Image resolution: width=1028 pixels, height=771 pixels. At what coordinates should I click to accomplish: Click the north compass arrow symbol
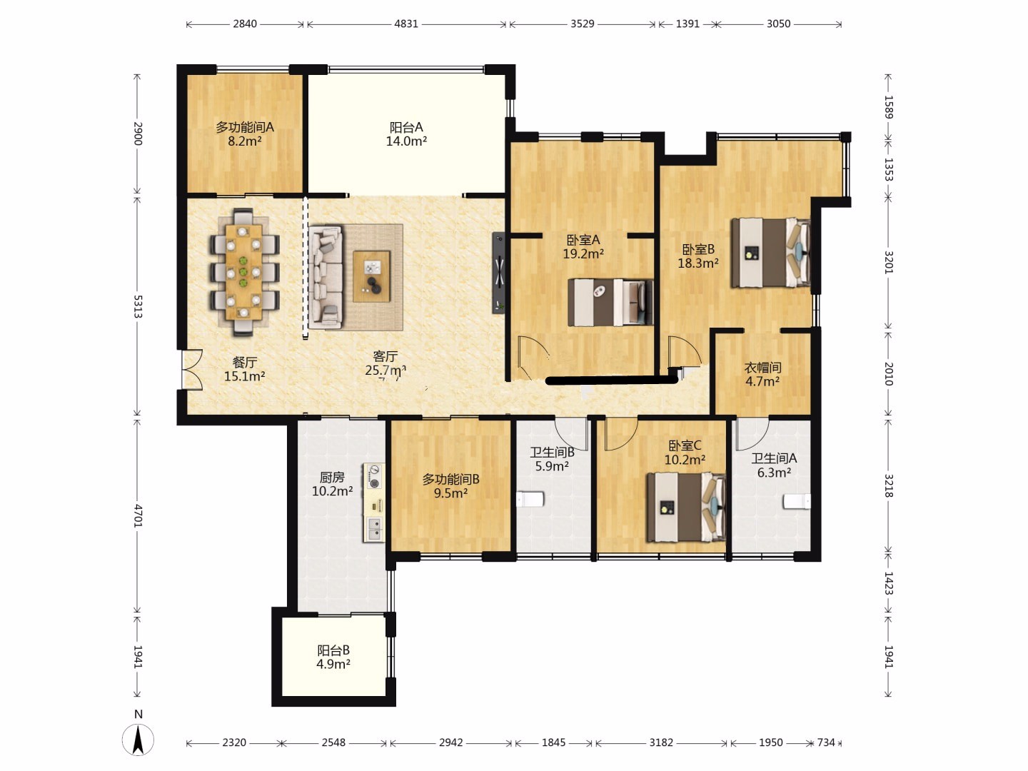pyautogui.click(x=138, y=740)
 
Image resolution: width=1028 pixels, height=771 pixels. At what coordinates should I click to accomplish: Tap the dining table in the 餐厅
pyautogui.click(x=243, y=273)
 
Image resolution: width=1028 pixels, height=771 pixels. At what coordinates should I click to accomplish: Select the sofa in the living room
pyautogui.click(x=326, y=277)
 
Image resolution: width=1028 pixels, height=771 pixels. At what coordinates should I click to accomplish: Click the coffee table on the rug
pyautogui.click(x=371, y=276)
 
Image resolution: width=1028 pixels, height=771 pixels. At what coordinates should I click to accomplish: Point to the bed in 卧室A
pyautogui.click(x=610, y=303)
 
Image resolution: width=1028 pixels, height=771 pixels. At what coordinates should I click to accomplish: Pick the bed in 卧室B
pyautogui.click(x=771, y=253)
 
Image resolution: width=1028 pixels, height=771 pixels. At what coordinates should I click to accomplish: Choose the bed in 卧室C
pyautogui.click(x=686, y=507)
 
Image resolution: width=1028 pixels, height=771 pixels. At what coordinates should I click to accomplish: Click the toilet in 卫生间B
pyautogui.click(x=530, y=499)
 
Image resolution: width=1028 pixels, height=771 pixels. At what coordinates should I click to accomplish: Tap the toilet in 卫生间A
pyautogui.click(x=797, y=501)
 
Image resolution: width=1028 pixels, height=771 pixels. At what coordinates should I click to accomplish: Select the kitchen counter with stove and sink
pyautogui.click(x=374, y=503)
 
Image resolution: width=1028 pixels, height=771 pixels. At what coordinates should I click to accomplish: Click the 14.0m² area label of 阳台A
pyautogui.click(x=406, y=141)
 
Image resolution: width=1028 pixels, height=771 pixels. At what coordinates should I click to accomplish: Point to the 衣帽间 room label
pyautogui.click(x=762, y=368)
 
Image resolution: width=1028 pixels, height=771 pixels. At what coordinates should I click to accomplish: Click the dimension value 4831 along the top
pyautogui.click(x=406, y=24)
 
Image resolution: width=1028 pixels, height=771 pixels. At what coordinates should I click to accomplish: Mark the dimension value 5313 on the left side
pyautogui.click(x=138, y=307)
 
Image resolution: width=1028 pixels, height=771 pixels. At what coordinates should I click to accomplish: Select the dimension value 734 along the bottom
pyautogui.click(x=826, y=742)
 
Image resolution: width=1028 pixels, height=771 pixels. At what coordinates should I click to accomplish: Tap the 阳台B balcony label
pyautogui.click(x=333, y=650)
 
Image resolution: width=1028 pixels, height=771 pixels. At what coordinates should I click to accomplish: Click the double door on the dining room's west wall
pyautogui.click(x=191, y=369)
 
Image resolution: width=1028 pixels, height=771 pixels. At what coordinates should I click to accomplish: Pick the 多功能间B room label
pyautogui.click(x=450, y=479)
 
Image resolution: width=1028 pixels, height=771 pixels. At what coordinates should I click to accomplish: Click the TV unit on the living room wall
pyautogui.click(x=498, y=273)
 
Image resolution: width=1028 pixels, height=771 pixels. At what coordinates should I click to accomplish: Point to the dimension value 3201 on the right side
pyautogui.click(x=889, y=262)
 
